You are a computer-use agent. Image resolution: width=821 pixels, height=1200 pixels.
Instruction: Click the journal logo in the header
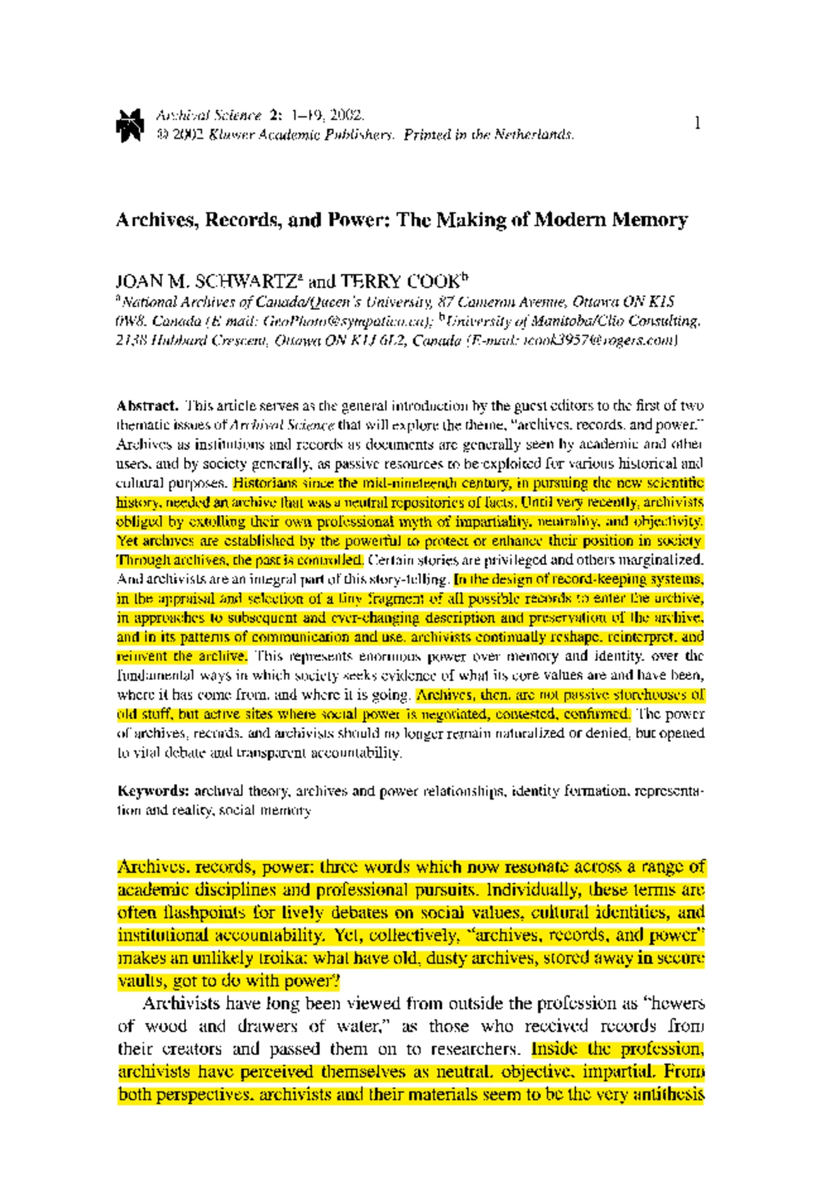tap(129, 124)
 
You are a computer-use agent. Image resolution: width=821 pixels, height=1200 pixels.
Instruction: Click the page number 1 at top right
tap(697, 123)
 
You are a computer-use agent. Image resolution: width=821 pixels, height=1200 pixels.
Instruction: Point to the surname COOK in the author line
tap(432, 282)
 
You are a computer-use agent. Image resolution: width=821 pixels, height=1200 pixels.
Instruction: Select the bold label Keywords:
tap(153, 791)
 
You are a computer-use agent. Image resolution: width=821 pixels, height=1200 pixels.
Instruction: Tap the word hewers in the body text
tap(678, 1004)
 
